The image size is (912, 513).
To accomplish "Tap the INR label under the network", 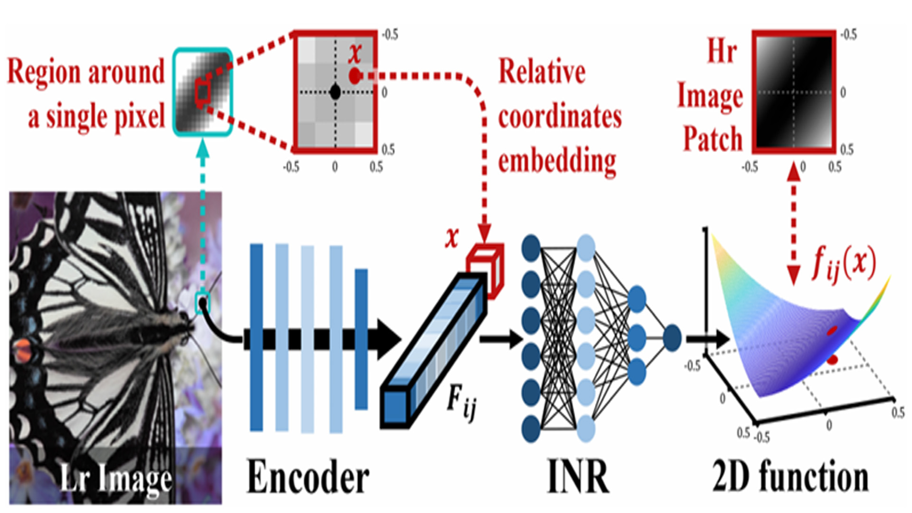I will click(578, 476).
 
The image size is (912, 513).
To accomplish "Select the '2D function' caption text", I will click(790, 476).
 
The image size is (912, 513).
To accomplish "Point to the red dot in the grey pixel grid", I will click(354, 76).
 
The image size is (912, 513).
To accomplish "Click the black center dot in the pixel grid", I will click(335, 92).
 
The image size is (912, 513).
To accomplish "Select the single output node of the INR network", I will click(671, 338).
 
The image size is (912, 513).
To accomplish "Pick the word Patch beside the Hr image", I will click(712, 139).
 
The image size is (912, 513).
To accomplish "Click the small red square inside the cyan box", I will click(202, 93).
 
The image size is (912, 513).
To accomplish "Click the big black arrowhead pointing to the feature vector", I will click(389, 339).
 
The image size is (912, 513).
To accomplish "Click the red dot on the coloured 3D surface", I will click(832, 331).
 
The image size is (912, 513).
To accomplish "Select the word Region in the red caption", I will click(45, 72).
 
